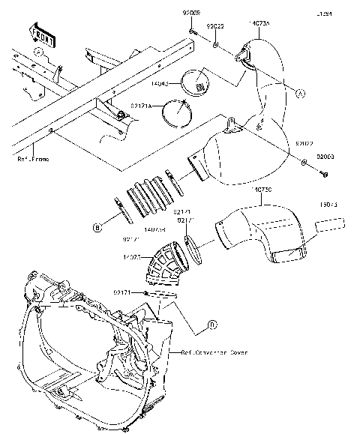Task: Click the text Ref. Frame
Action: (x=33, y=159)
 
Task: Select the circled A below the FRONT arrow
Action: (x=37, y=51)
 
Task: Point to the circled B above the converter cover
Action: (x=212, y=324)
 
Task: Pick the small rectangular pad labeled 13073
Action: (x=331, y=223)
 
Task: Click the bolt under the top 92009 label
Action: (x=193, y=32)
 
